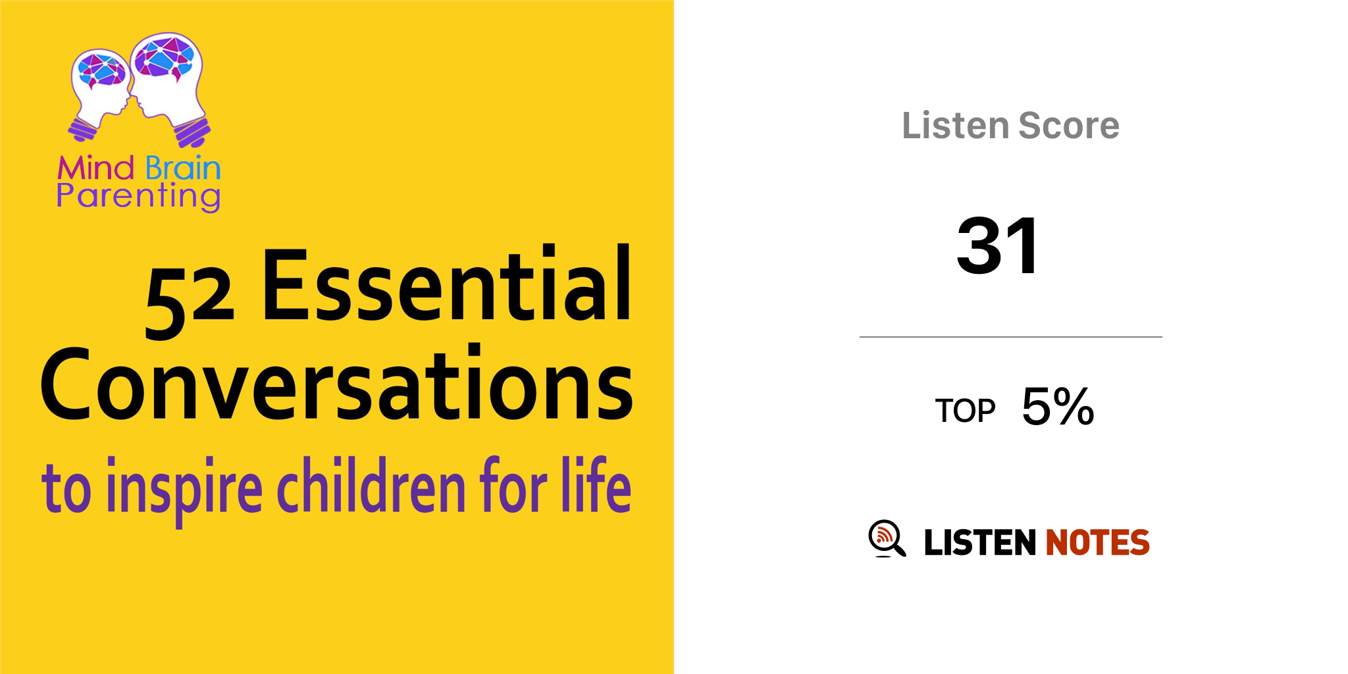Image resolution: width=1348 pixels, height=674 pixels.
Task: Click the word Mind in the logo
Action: point(96,168)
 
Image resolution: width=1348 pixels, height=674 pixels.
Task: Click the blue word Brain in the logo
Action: point(183,168)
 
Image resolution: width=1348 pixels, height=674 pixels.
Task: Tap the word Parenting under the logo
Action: point(138,197)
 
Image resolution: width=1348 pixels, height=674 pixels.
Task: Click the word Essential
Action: point(447,284)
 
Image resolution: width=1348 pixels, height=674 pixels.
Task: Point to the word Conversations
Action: point(336,384)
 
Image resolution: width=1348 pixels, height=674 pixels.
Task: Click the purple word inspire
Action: point(184,489)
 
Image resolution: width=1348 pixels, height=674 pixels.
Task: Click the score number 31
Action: point(998,246)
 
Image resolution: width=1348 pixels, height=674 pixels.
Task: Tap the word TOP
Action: point(965,411)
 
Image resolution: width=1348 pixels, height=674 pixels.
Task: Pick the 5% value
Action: point(1058,406)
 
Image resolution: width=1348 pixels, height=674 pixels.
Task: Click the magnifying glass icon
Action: point(887,538)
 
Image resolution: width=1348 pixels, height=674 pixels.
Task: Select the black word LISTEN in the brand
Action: point(980,542)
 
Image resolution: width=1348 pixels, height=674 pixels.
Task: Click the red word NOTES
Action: point(1097,542)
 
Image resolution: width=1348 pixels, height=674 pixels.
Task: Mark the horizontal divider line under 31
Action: point(1010,337)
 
